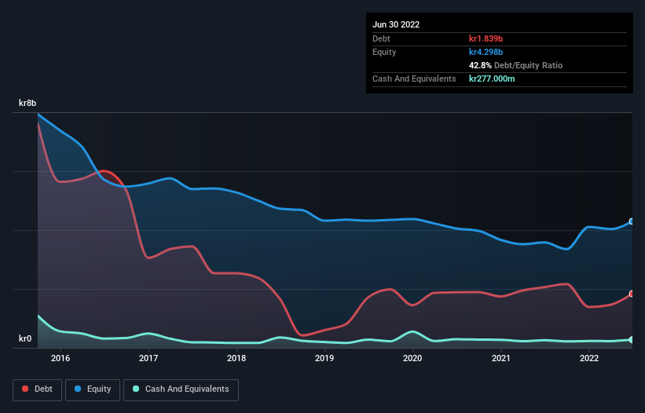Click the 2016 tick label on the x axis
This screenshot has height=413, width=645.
point(60,359)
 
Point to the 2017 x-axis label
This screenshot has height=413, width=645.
point(148,359)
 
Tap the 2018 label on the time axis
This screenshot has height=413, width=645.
point(236,359)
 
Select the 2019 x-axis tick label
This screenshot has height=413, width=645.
point(324,359)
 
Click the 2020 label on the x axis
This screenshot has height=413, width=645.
point(412,359)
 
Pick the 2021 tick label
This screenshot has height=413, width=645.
point(500,359)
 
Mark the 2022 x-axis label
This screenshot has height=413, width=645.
point(588,359)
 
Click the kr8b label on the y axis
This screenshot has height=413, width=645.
point(28,103)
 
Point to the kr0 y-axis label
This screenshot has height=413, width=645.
point(26,339)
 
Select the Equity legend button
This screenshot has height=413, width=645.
point(93,389)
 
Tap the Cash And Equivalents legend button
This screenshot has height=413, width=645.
point(181,389)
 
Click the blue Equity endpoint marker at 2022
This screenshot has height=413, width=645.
point(631,221)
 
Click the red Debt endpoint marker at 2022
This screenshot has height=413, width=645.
point(631,294)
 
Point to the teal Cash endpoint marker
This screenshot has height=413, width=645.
point(631,339)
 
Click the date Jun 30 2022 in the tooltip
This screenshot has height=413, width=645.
point(396,24)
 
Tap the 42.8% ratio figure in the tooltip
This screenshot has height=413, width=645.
point(480,65)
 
